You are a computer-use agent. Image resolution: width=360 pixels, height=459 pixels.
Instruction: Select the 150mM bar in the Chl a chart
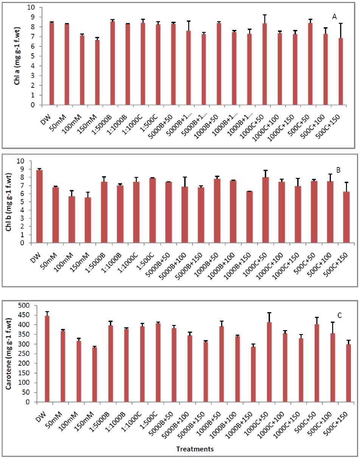pos(97,72)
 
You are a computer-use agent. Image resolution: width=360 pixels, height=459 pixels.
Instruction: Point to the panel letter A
pos(334,17)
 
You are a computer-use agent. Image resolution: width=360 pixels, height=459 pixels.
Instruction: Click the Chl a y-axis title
pos(17,56)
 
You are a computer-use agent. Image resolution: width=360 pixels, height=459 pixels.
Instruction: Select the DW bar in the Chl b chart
pos(39,206)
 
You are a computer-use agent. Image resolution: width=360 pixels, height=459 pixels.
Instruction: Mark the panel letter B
pos(338,170)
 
